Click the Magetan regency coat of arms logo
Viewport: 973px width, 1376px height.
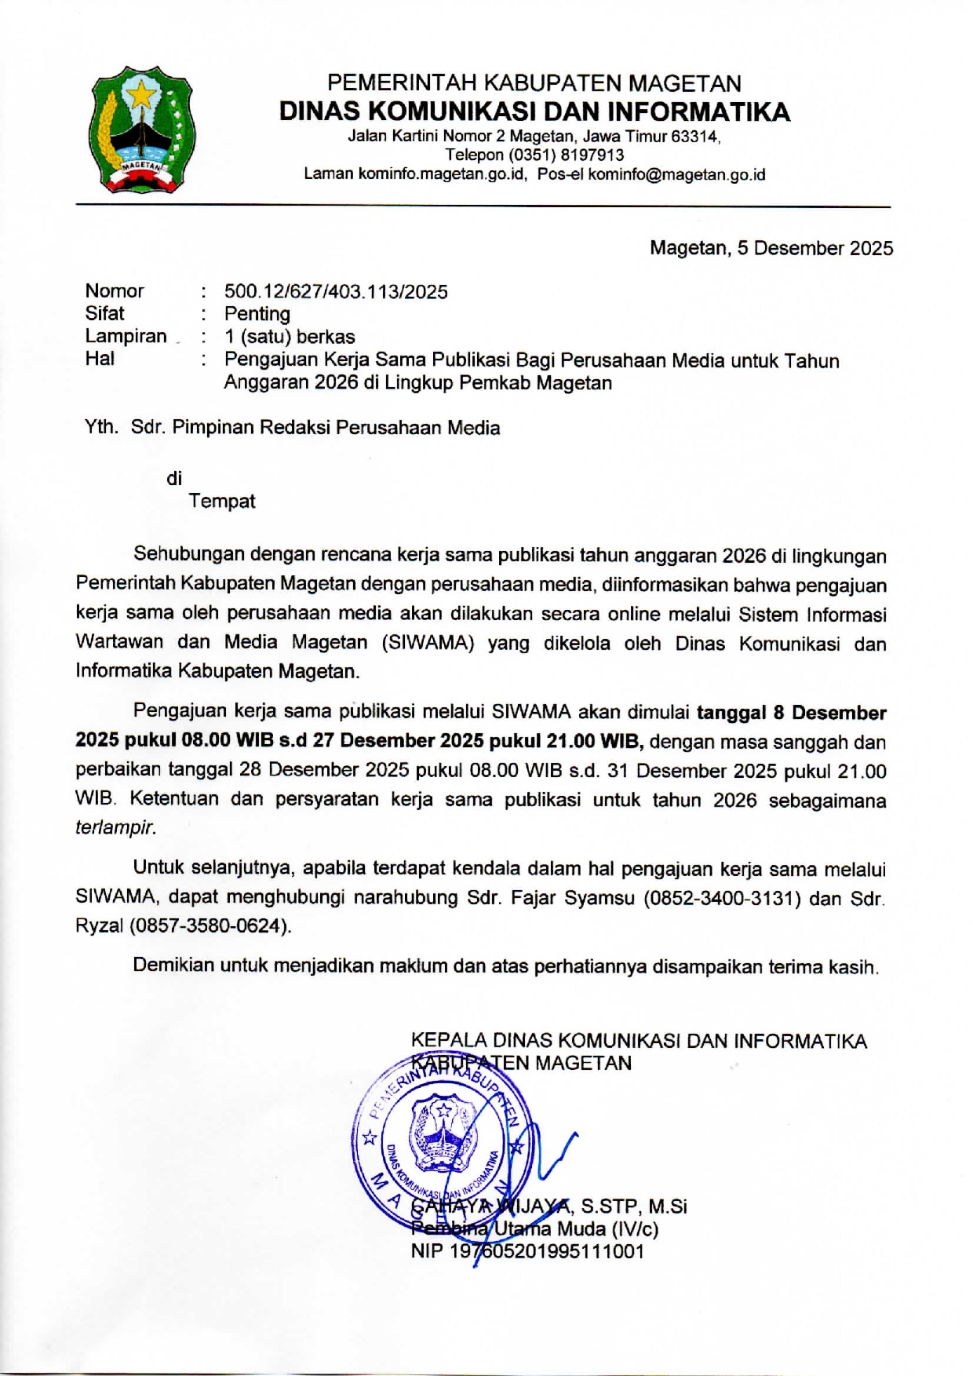(x=141, y=130)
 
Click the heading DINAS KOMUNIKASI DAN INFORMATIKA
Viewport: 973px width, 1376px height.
(x=534, y=111)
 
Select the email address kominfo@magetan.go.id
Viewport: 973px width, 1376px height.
(x=676, y=174)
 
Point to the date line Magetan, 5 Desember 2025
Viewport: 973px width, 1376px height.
(x=771, y=249)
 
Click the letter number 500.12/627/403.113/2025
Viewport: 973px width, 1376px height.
(x=336, y=292)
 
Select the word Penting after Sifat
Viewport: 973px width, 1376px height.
(x=257, y=314)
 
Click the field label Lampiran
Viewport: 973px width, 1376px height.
(x=126, y=337)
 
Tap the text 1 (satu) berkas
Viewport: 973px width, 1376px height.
(x=290, y=337)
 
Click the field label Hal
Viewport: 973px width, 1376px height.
(x=100, y=359)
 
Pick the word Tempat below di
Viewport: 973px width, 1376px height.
(x=222, y=501)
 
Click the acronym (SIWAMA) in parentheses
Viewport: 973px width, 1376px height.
(x=428, y=643)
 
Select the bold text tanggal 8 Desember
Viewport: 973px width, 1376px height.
(x=791, y=713)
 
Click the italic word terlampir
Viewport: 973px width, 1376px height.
(x=115, y=827)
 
